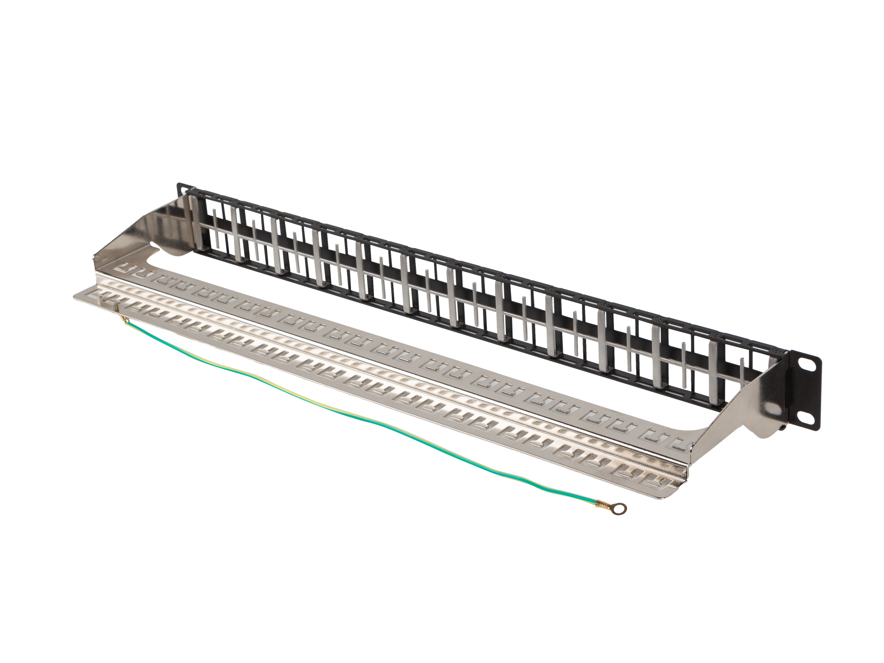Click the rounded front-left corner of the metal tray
78,297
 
